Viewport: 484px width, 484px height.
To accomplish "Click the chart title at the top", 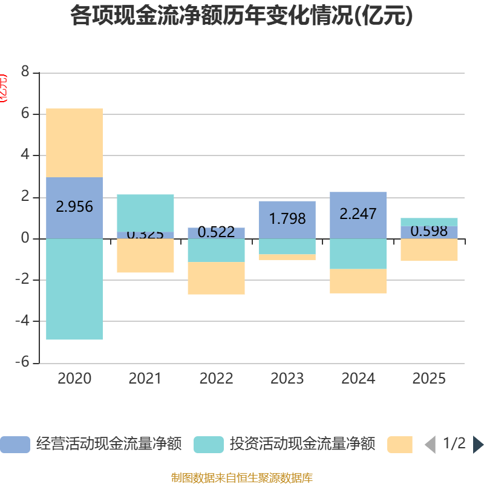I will tap(241, 16).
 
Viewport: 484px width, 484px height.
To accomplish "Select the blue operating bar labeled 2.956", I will tap(74, 207).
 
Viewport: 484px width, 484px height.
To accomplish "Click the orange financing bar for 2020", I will tap(74, 143).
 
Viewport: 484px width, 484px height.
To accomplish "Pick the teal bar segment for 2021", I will tap(145, 212).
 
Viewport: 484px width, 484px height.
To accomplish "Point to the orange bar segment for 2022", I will tap(217, 278).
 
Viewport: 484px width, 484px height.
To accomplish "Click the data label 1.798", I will tap(287, 218).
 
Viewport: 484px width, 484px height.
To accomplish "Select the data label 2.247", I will tap(358, 214).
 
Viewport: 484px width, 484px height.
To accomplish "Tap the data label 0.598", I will tap(429, 231).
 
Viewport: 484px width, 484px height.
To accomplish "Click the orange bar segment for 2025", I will tap(429, 250).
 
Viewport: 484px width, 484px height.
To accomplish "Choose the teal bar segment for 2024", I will tap(358, 253).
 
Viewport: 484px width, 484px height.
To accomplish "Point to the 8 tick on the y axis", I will tap(25, 72).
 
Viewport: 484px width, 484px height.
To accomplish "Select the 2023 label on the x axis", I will tap(287, 379).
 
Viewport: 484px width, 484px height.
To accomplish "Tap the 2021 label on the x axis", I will tap(145, 379).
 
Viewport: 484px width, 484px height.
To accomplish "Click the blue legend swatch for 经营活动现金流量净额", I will tap(15, 444).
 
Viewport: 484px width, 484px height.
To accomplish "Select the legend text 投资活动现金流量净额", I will tap(302, 444).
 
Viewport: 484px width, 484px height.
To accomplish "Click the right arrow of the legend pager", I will tap(478, 444).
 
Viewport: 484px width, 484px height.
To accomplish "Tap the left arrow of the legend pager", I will tap(430, 444).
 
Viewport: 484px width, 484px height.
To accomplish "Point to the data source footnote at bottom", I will tap(241, 478).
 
